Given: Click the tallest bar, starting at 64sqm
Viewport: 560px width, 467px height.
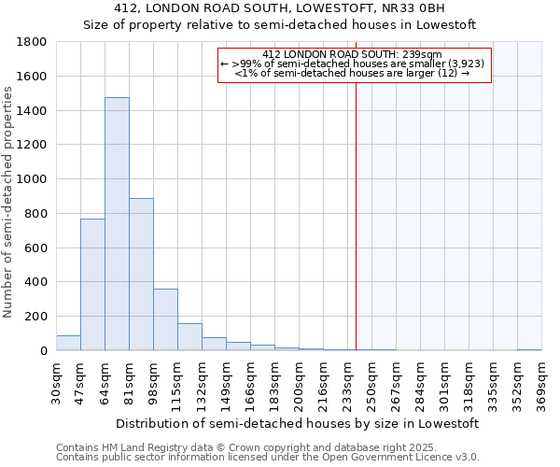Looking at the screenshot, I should pos(117,224).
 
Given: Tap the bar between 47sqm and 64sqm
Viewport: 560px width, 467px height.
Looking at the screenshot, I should pos(92,284).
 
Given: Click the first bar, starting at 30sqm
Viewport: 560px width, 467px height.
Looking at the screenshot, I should pos(68,343).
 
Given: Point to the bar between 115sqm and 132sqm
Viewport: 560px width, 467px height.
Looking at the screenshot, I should pos(189,337).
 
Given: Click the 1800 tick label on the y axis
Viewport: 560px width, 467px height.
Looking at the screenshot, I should pos(32,42).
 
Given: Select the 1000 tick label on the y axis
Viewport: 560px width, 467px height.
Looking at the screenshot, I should pos(32,179).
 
